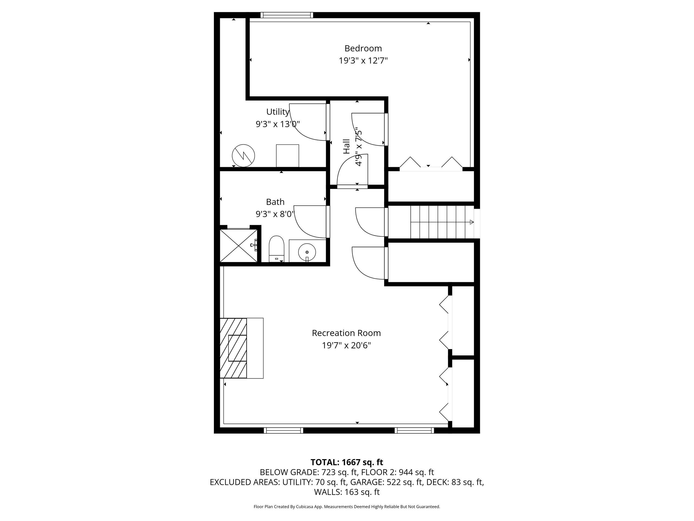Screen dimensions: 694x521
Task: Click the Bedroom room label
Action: pyautogui.click(x=363, y=48)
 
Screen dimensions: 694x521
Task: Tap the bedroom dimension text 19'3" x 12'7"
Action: pyautogui.click(x=363, y=61)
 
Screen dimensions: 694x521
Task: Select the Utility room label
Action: pyautogui.click(x=278, y=112)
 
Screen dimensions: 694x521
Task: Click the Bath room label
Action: pyautogui.click(x=275, y=202)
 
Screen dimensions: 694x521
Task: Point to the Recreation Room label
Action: pyautogui.click(x=346, y=333)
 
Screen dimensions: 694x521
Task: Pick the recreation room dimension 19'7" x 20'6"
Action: pyautogui.click(x=346, y=345)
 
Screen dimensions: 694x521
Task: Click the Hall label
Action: pyautogui.click(x=346, y=146)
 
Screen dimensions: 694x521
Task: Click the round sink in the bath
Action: pyautogui.click(x=307, y=252)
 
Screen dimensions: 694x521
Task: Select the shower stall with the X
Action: pyautogui.click(x=239, y=246)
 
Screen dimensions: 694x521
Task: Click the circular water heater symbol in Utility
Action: pyautogui.click(x=243, y=155)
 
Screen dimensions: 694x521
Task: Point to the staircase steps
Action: pyautogui.click(x=442, y=222)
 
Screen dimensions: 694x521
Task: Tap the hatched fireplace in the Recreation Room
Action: pyautogui.click(x=233, y=348)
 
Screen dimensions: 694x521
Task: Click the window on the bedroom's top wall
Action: pyautogui.click(x=287, y=15)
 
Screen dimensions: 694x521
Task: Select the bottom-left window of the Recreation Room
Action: pyautogui.click(x=283, y=430)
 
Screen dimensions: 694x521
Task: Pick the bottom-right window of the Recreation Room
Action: pyautogui.click(x=414, y=430)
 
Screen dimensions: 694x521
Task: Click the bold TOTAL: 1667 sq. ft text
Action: pyautogui.click(x=347, y=462)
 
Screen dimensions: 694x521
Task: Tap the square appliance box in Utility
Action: pyautogui.click(x=287, y=156)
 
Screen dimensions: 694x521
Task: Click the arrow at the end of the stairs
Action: pyautogui.click(x=471, y=222)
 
